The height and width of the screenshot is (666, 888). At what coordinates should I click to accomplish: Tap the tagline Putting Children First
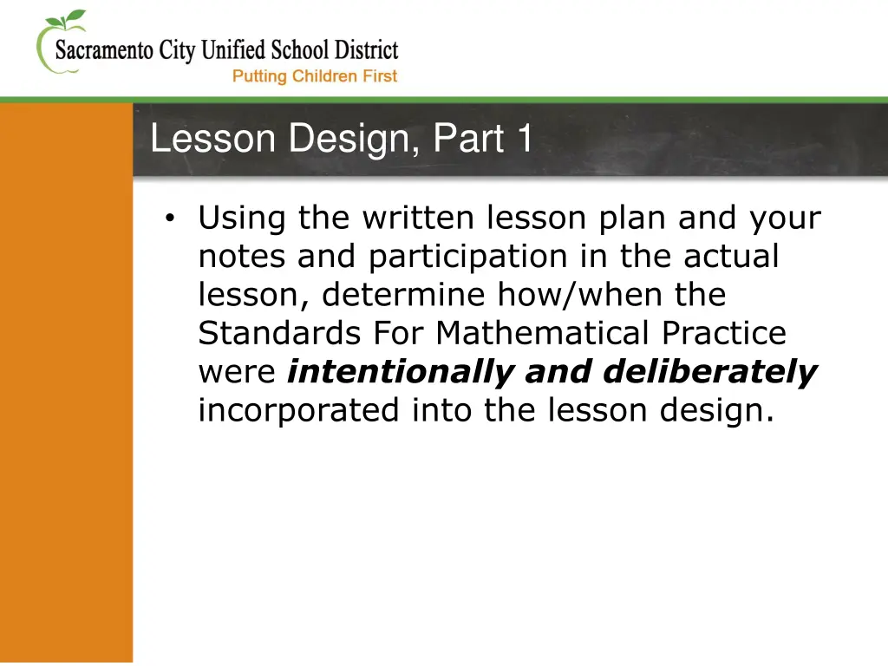coord(315,76)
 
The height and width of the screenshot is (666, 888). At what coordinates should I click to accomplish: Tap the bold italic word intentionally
coord(401,371)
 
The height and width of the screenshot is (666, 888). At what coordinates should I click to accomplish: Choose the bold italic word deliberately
coord(709,371)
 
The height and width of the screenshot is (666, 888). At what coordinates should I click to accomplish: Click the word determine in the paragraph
coord(405,295)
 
